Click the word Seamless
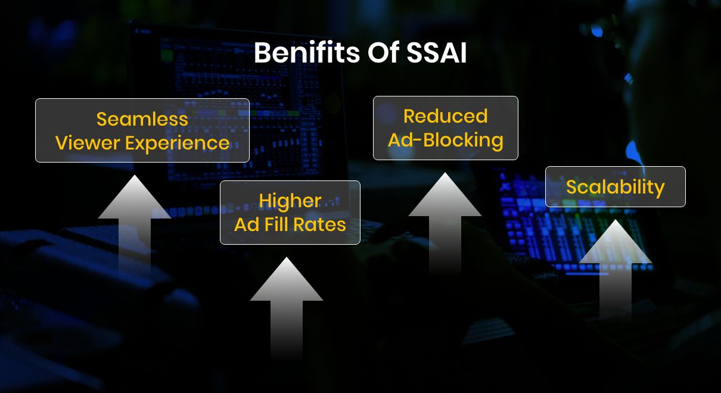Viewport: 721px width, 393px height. [x=142, y=119]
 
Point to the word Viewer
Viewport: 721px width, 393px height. [x=87, y=144]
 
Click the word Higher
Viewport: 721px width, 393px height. [x=290, y=201]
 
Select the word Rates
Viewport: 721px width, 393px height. [x=322, y=224]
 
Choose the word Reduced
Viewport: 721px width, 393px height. [x=445, y=116]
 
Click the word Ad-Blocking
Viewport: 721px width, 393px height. [x=445, y=141]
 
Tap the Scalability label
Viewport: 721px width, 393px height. [x=615, y=187]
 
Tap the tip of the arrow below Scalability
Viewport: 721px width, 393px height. [x=616, y=222]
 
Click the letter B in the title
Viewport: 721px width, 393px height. [x=262, y=54]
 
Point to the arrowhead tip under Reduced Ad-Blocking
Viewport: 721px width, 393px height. [x=445, y=174]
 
